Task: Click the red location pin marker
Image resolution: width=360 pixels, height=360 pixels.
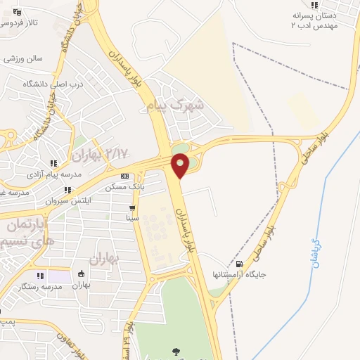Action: (x=180, y=166)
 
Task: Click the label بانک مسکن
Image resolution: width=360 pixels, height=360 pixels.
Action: (x=125, y=187)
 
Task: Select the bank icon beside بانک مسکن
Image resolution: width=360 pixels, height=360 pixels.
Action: (x=124, y=176)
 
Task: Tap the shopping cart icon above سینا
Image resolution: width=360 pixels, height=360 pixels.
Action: (x=132, y=208)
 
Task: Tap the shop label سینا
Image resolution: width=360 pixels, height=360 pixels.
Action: (x=132, y=219)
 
